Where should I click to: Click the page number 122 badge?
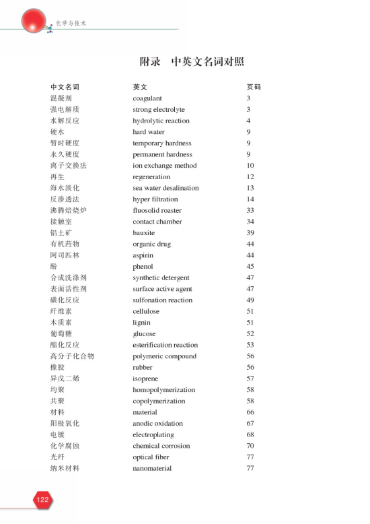pos(42,499)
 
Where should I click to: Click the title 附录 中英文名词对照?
pos(192,62)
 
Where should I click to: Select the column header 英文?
pos(139,87)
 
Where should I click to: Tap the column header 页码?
pos(253,87)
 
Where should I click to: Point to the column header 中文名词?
pos(65,87)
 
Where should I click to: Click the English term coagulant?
pos(147,98)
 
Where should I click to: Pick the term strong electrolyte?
pos(159,109)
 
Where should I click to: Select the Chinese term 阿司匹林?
pos(65,255)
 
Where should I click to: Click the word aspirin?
pos(143,255)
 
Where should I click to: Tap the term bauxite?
pos(143,233)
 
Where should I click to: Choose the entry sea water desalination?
pos(165,188)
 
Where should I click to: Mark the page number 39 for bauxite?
pos(250,233)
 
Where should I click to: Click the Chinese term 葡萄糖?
pos(61,333)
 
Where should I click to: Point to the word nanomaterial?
pos(152,468)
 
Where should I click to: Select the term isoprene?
pos(145,379)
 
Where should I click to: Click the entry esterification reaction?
pos(165,345)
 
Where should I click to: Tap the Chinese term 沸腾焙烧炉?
pos(68,210)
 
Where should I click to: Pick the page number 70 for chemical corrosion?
pos(250,446)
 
